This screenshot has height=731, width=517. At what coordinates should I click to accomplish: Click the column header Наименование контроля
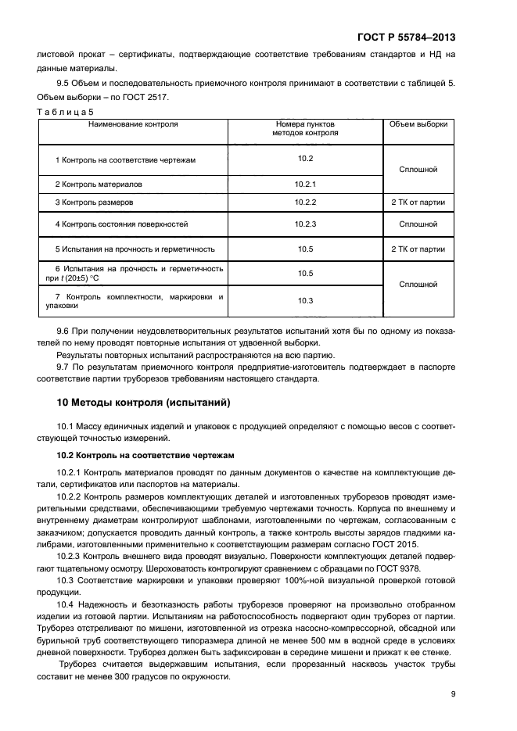(132, 124)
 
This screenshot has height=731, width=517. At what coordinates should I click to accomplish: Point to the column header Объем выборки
(418, 124)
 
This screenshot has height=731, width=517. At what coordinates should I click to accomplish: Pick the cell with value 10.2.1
(305, 184)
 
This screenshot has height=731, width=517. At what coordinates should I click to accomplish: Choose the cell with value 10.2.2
(305, 202)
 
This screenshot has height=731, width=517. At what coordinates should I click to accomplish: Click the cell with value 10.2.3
(305, 224)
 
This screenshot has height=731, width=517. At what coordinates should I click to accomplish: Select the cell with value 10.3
(305, 301)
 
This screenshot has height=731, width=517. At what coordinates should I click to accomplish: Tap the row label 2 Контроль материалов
(99, 184)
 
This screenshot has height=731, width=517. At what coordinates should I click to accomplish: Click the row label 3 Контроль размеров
(94, 202)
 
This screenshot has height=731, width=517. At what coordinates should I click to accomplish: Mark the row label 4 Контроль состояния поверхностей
(121, 224)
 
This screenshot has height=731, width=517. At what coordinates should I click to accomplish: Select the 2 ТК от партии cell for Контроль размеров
(418, 202)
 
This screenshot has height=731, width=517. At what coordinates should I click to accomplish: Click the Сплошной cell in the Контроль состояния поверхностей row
(418, 224)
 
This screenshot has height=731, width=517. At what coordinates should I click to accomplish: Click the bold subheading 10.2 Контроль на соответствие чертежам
(140, 454)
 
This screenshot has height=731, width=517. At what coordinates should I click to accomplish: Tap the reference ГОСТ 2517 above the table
(145, 97)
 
